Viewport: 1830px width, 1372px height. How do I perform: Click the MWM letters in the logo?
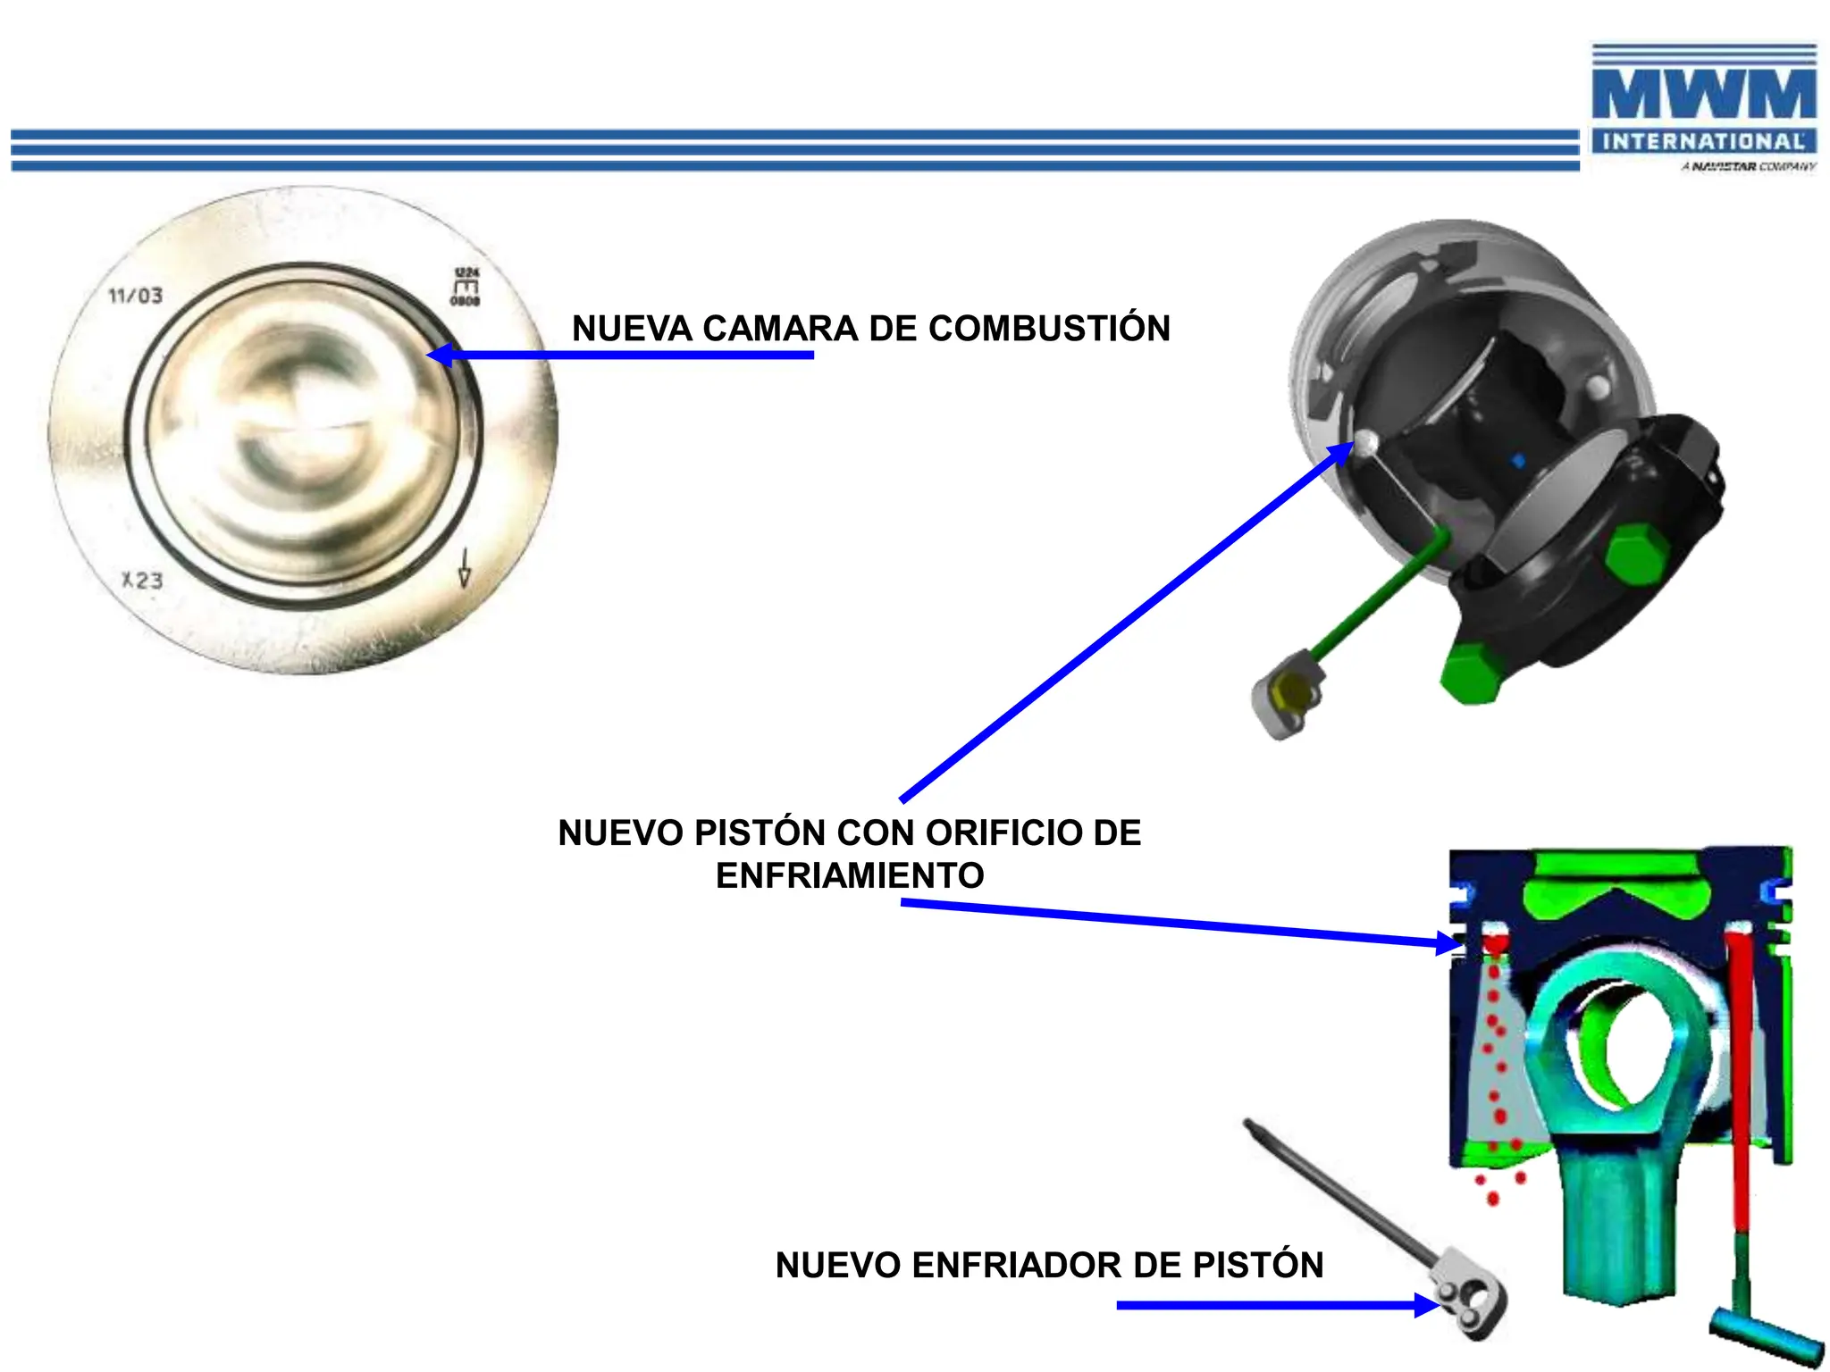click(1703, 95)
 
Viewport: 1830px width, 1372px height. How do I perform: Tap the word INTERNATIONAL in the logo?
click(1703, 141)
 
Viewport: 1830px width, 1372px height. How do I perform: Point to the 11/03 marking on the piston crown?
click(136, 296)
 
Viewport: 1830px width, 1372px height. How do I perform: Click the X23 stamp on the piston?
click(143, 581)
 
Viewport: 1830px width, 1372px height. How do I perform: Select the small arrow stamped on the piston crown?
click(464, 568)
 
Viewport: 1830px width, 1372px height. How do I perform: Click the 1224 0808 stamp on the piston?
click(466, 287)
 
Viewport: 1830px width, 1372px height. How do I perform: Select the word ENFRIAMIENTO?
click(850, 875)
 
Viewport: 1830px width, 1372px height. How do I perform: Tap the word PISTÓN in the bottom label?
click(1258, 1265)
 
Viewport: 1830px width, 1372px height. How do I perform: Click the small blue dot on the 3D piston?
click(1517, 461)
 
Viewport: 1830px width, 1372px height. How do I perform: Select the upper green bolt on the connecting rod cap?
click(1635, 555)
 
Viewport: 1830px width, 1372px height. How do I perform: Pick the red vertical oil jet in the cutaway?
click(1740, 1072)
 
